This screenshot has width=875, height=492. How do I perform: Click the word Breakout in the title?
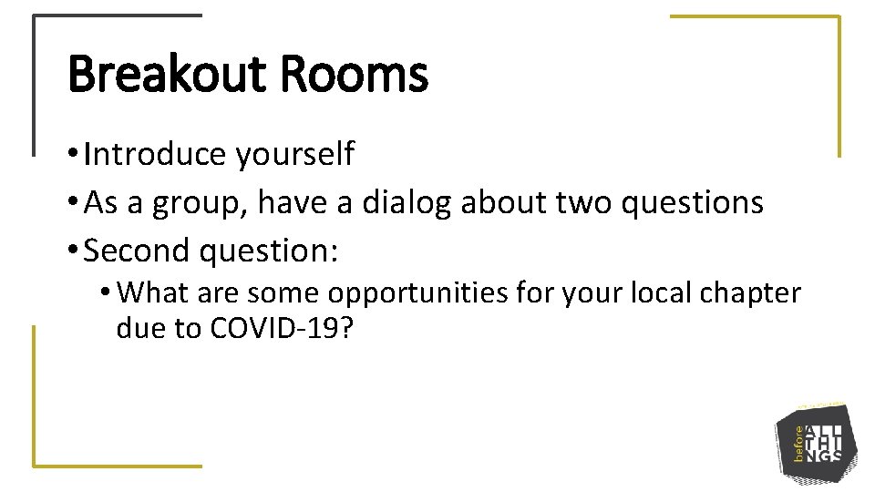click(168, 76)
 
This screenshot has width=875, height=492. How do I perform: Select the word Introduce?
click(155, 155)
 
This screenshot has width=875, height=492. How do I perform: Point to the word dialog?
click(407, 203)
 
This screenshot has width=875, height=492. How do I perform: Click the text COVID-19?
click(281, 328)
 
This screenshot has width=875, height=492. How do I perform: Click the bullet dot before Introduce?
click(73, 156)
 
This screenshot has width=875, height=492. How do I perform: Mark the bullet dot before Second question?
click(73, 251)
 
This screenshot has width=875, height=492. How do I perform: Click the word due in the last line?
click(139, 328)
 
